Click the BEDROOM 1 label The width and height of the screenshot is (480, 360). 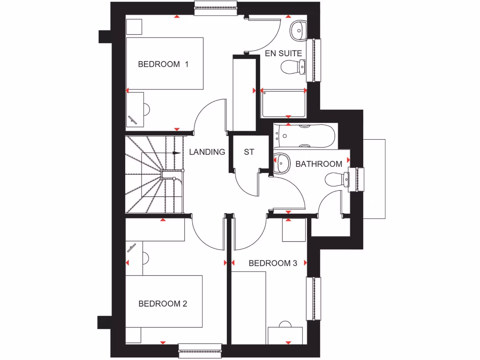coord(163,64)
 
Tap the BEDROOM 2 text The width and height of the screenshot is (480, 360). coord(163,304)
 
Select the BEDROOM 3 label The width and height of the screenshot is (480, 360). coord(273,263)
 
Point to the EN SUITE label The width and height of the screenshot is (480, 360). coord(283,53)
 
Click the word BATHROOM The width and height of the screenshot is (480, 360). coord(318,164)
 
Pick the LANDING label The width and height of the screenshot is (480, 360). coord(207,152)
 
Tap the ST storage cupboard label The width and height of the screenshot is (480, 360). coord(248,152)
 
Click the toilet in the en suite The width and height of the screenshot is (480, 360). coord(293,67)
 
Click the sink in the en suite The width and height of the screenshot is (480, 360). coord(297,30)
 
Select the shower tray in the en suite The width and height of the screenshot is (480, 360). coord(284,104)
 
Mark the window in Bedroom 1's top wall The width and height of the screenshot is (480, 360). coord(215,8)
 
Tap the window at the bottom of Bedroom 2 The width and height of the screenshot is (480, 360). coord(200,351)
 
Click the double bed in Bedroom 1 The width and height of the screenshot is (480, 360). coord(165,64)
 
